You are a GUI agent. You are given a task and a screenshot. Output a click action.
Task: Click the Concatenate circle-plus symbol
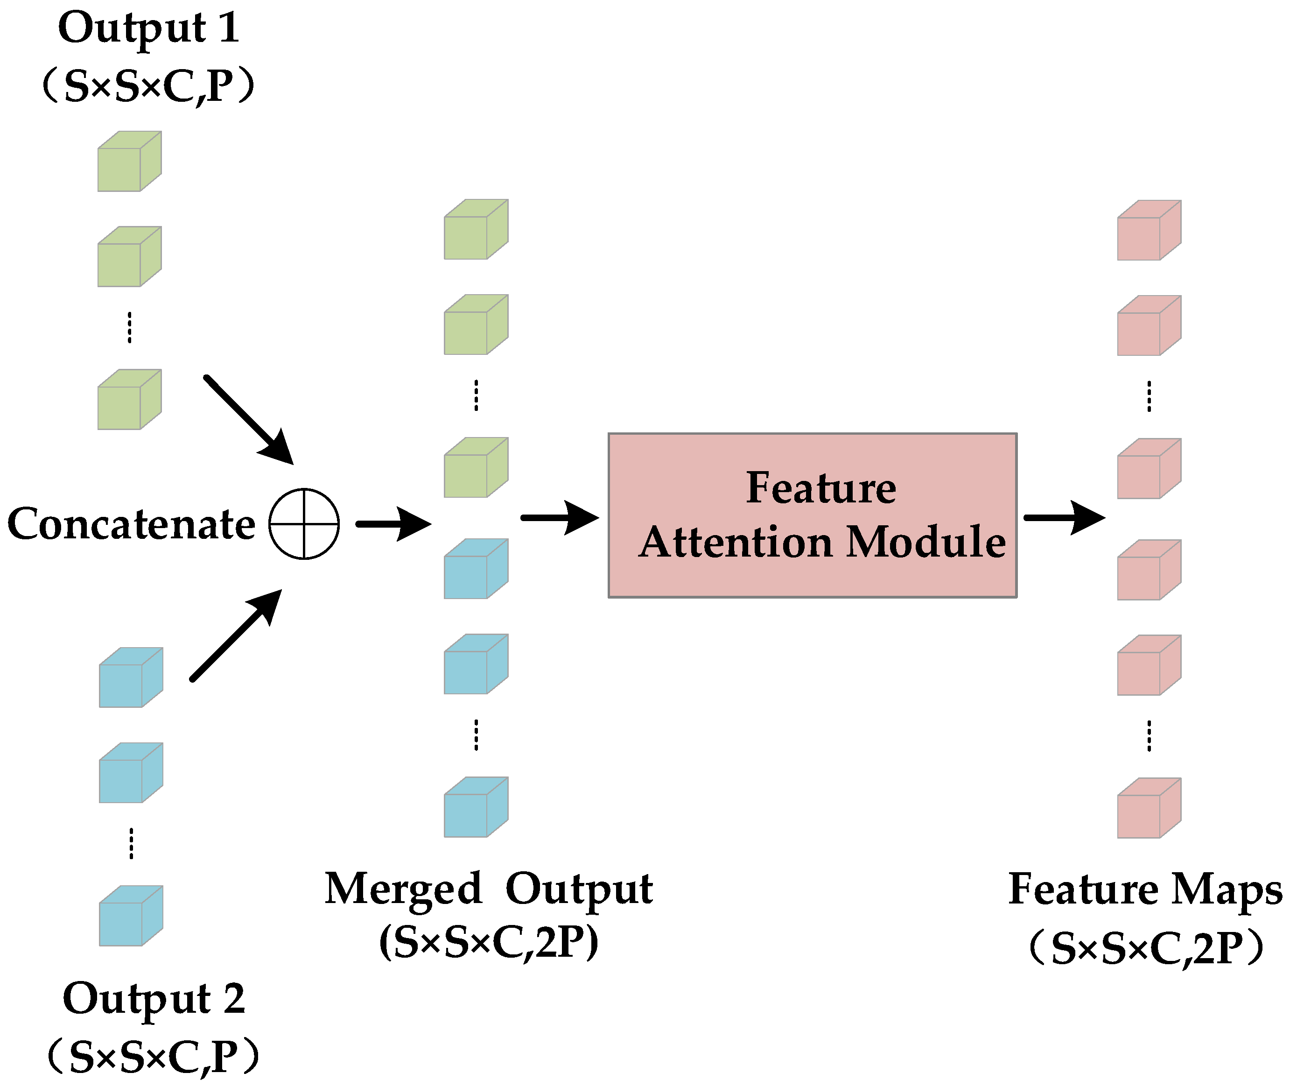coord(304,524)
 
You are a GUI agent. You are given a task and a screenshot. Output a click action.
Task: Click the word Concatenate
coord(131,524)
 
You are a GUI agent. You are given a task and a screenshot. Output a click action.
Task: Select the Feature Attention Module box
coord(812,515)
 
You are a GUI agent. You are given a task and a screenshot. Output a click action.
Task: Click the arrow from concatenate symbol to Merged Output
coord(393,524)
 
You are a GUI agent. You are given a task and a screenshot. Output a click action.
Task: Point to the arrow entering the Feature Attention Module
coord(560,517)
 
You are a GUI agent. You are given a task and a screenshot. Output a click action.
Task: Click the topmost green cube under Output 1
coord(129,161)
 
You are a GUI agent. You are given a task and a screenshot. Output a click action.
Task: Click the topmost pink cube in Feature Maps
coord(1149,231)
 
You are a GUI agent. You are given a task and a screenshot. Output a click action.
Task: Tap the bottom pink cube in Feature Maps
coord(1149,808)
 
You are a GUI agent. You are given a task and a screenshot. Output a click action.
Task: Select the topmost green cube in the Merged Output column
coord(476,229)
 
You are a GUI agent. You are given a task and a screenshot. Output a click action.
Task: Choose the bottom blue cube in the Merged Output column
coord(476,807)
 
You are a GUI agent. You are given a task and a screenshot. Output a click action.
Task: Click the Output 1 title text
coord(148,28)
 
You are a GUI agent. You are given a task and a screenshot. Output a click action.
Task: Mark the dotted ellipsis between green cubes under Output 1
coord(129,327)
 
